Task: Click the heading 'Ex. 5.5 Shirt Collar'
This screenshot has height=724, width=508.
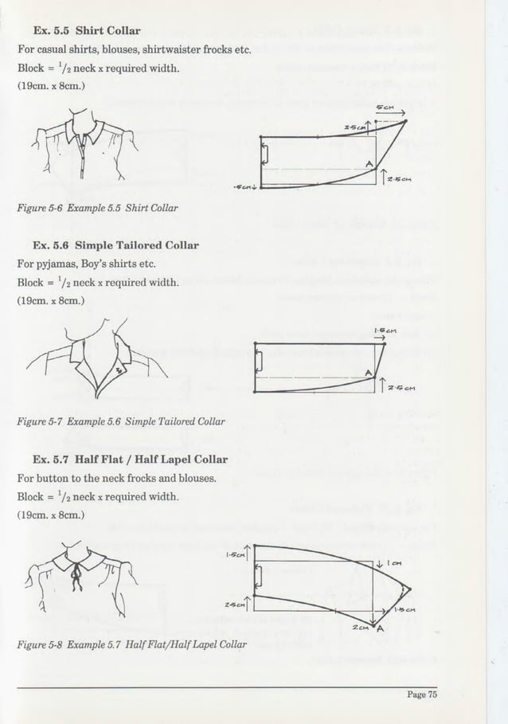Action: click(86, 32)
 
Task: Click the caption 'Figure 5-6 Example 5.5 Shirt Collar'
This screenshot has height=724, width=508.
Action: click(97, 209)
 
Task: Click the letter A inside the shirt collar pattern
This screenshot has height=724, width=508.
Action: click(368, 163)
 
